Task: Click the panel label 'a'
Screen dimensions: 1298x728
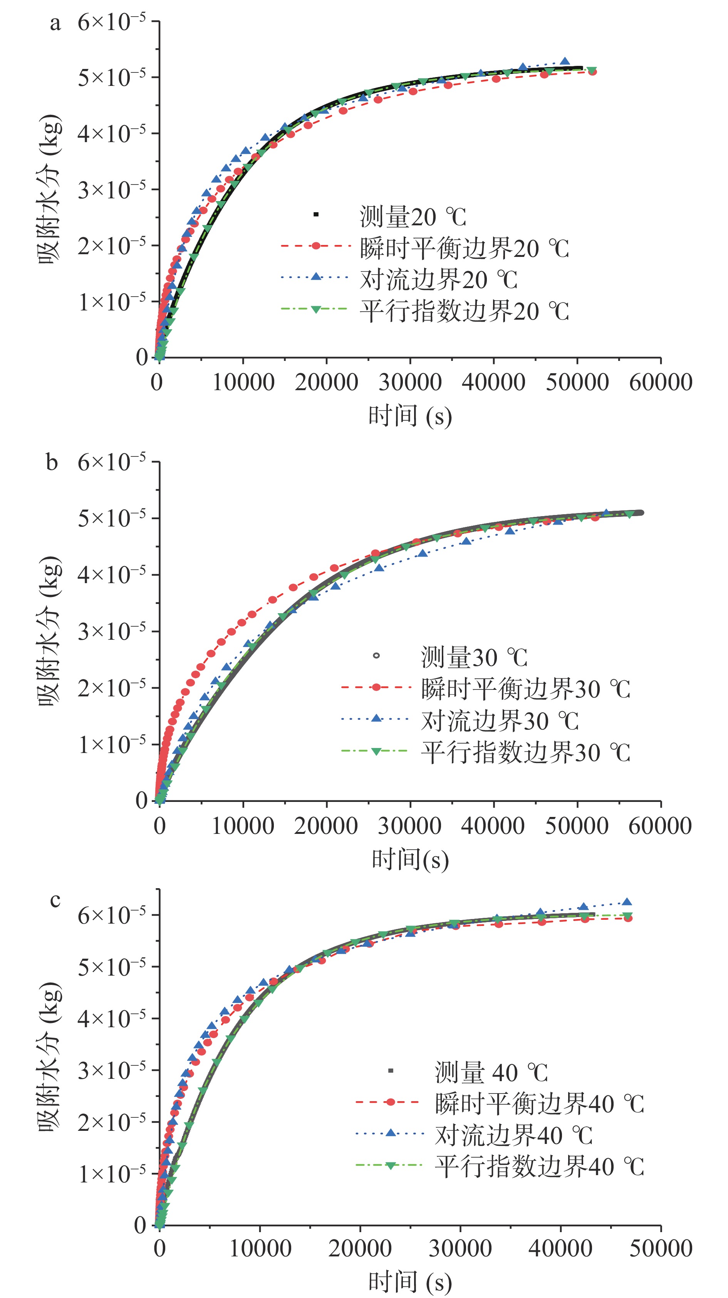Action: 55,23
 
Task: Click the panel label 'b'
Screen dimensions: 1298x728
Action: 52,462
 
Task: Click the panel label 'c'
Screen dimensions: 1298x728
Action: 55,899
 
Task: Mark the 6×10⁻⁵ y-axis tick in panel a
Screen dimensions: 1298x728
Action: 111,22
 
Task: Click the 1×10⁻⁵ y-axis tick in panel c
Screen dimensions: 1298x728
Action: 111,1175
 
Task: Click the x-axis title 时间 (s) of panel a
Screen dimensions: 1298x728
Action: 409,416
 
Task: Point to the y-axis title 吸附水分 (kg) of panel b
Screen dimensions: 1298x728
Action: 49,631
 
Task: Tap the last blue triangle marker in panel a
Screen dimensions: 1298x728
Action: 565,62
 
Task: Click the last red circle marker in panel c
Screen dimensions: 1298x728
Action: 628,918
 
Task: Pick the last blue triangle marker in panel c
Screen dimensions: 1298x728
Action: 627,902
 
